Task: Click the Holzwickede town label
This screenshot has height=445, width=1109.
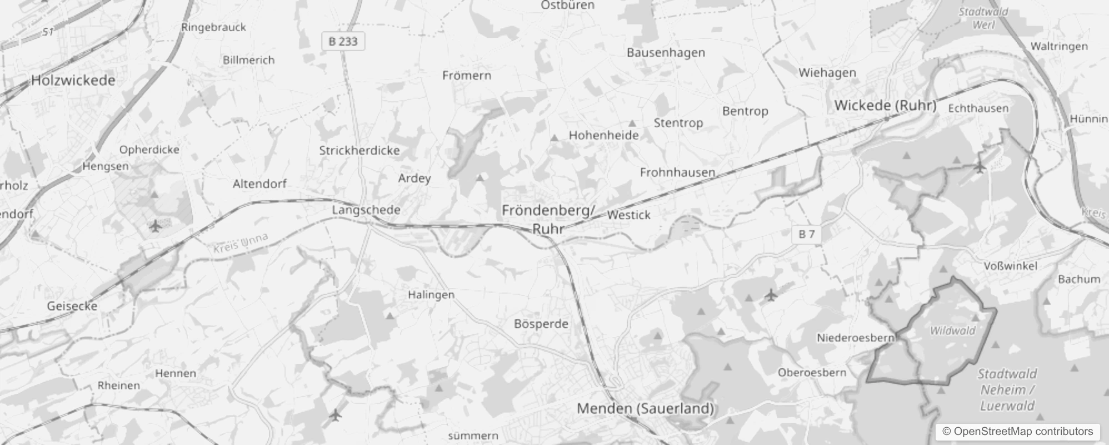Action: (x=73, y=80)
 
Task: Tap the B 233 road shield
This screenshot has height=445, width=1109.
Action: (x=343, y=41)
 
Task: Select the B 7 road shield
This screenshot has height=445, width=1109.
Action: (x=806, y=234)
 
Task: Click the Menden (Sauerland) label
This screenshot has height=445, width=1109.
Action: (x=645, y=408)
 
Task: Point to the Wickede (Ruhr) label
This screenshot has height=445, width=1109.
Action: (x=885, y=105)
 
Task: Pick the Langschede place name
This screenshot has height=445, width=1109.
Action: (x=366, y=210)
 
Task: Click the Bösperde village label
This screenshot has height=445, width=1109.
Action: (x=541, y=324)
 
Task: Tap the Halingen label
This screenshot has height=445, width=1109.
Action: (x=431, y=295)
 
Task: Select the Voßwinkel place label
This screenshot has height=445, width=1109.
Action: (x=1010, y=266)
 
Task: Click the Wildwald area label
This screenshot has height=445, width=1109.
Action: (x=952, y=330)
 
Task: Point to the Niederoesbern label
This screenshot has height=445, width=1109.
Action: (x=855, y=338)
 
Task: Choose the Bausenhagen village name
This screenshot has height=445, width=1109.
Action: (x=666, y=53)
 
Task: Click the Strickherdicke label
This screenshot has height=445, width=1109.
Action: (x=359, y=150)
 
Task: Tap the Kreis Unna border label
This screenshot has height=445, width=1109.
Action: (x=241, y=243)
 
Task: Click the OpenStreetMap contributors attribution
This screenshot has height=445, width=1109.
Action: (x=1017, y=432)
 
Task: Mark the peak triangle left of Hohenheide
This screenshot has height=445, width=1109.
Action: (x=554, y=137)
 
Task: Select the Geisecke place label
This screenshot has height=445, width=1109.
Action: (x=72, y=306)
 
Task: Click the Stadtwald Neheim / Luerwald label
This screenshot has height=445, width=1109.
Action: (x=1007, y=389)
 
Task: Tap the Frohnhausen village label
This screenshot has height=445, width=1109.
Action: (x=677, y=172)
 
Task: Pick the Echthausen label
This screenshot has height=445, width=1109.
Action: (x=978, y=108)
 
